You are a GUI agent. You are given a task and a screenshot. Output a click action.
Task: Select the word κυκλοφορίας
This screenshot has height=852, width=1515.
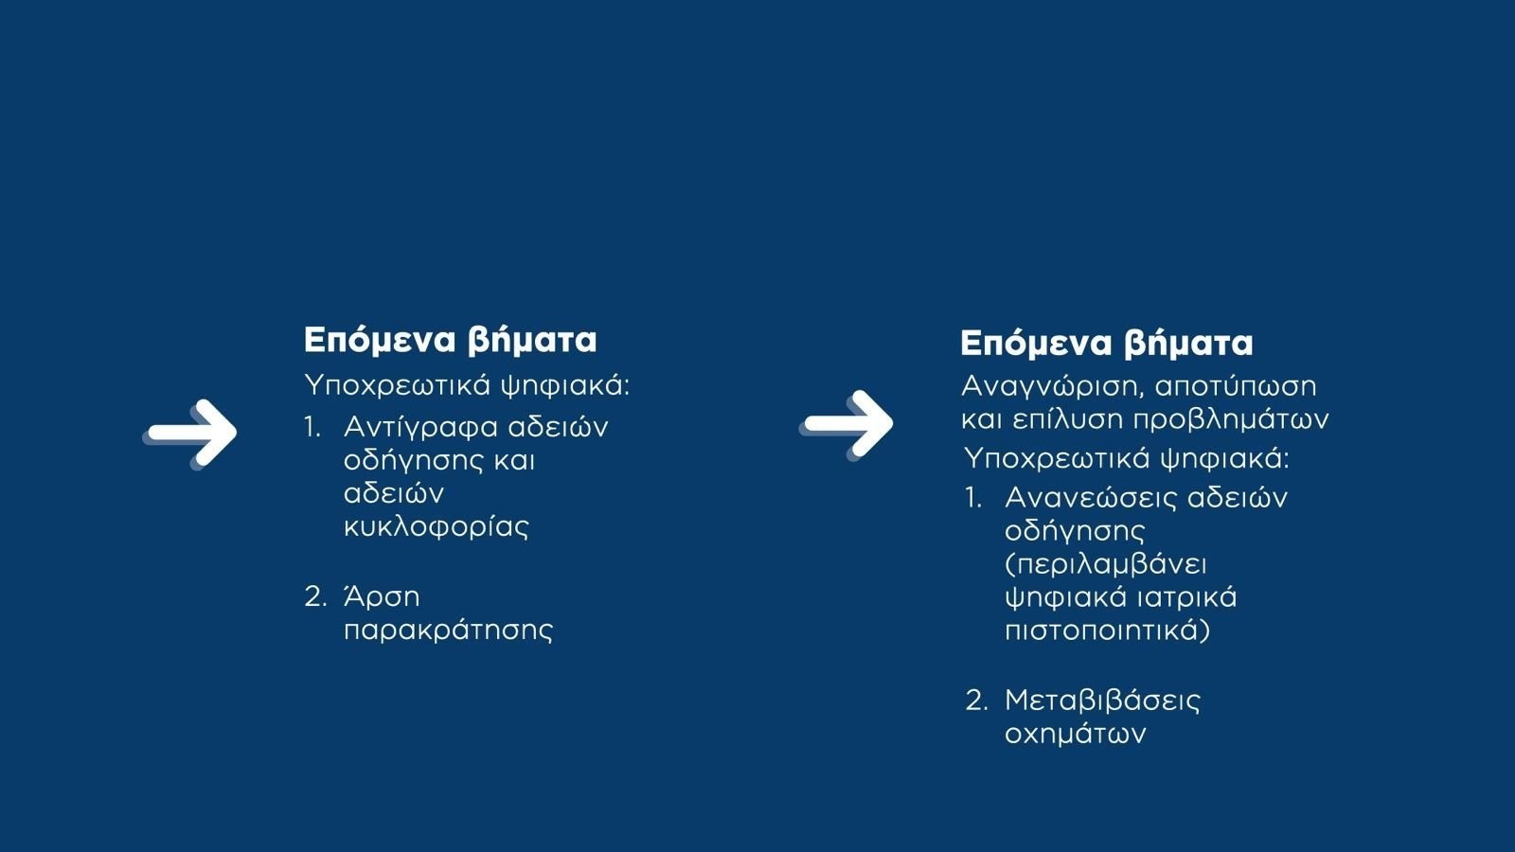click(437, 527)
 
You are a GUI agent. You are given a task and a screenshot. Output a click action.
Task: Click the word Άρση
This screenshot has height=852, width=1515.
click(382, 596)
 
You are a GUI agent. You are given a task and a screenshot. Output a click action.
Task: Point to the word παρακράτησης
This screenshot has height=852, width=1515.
click(448, 630)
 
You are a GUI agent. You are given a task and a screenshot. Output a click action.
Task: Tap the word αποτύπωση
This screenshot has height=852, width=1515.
click(1236, 387)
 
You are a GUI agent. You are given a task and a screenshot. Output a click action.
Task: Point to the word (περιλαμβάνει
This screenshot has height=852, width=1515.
click(1106, 565)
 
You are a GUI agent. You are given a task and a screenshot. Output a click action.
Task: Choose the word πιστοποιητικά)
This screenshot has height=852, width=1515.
click(1107, 630)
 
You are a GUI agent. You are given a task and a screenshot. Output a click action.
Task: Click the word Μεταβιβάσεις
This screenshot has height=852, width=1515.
click(1102, 701)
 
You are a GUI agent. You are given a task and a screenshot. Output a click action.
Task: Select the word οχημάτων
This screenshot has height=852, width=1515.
click(1076, 735)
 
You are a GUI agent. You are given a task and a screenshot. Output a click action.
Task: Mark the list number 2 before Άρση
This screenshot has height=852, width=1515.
click(314, 597)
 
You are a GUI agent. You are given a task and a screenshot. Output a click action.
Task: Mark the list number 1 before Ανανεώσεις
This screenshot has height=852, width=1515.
click(972, 498)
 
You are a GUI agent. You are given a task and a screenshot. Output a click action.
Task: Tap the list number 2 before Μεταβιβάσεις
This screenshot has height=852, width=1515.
click(976, 701)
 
